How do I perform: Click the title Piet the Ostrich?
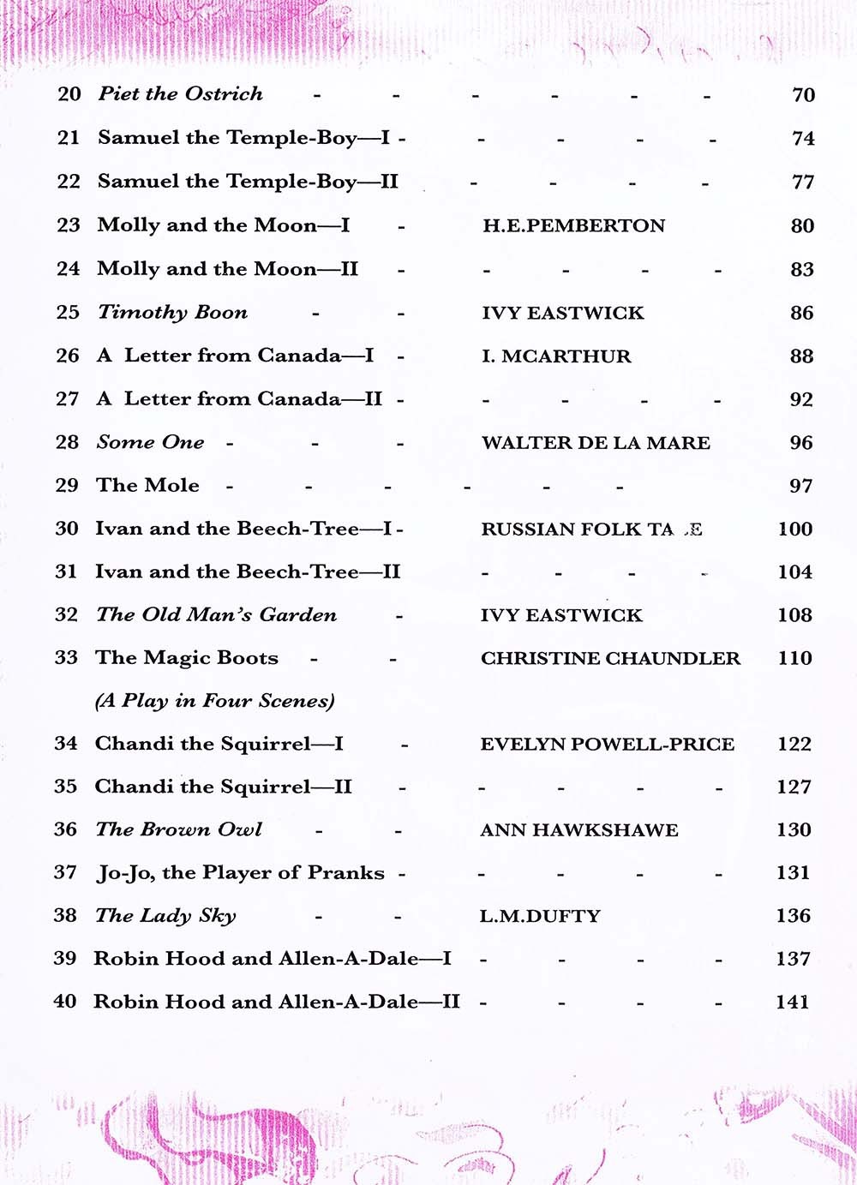click(x=180, y=94)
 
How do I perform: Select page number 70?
click(x=803, y=95)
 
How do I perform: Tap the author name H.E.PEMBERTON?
click(x=573, y=226)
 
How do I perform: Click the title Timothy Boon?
click(x=172, y=313)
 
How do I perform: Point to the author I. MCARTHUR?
click(x=555, y=356)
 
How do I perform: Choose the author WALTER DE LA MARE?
click(x=596, y=443)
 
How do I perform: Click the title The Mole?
click(x=147, y=486)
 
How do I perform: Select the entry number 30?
click(x=67, y=529)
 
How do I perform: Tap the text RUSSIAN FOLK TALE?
click(x=591, y=530)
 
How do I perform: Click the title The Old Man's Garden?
click(x=216, y=615)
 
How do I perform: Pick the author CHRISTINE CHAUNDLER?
click(x=610, y=659)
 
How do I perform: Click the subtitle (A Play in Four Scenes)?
click(x=214, y=701)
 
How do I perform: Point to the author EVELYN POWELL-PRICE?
click(x=607, y=745)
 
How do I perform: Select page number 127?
click(x=794, y=787)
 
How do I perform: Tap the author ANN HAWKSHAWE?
click(x=578, y=830)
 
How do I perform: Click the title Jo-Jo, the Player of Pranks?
click(x=240, y=873)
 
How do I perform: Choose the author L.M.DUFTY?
click(x=540, y=916)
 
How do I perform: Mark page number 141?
click(x=792, y=1002)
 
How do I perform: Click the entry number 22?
click(x=69, y=182)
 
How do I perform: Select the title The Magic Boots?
click(x=187, y=658)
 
